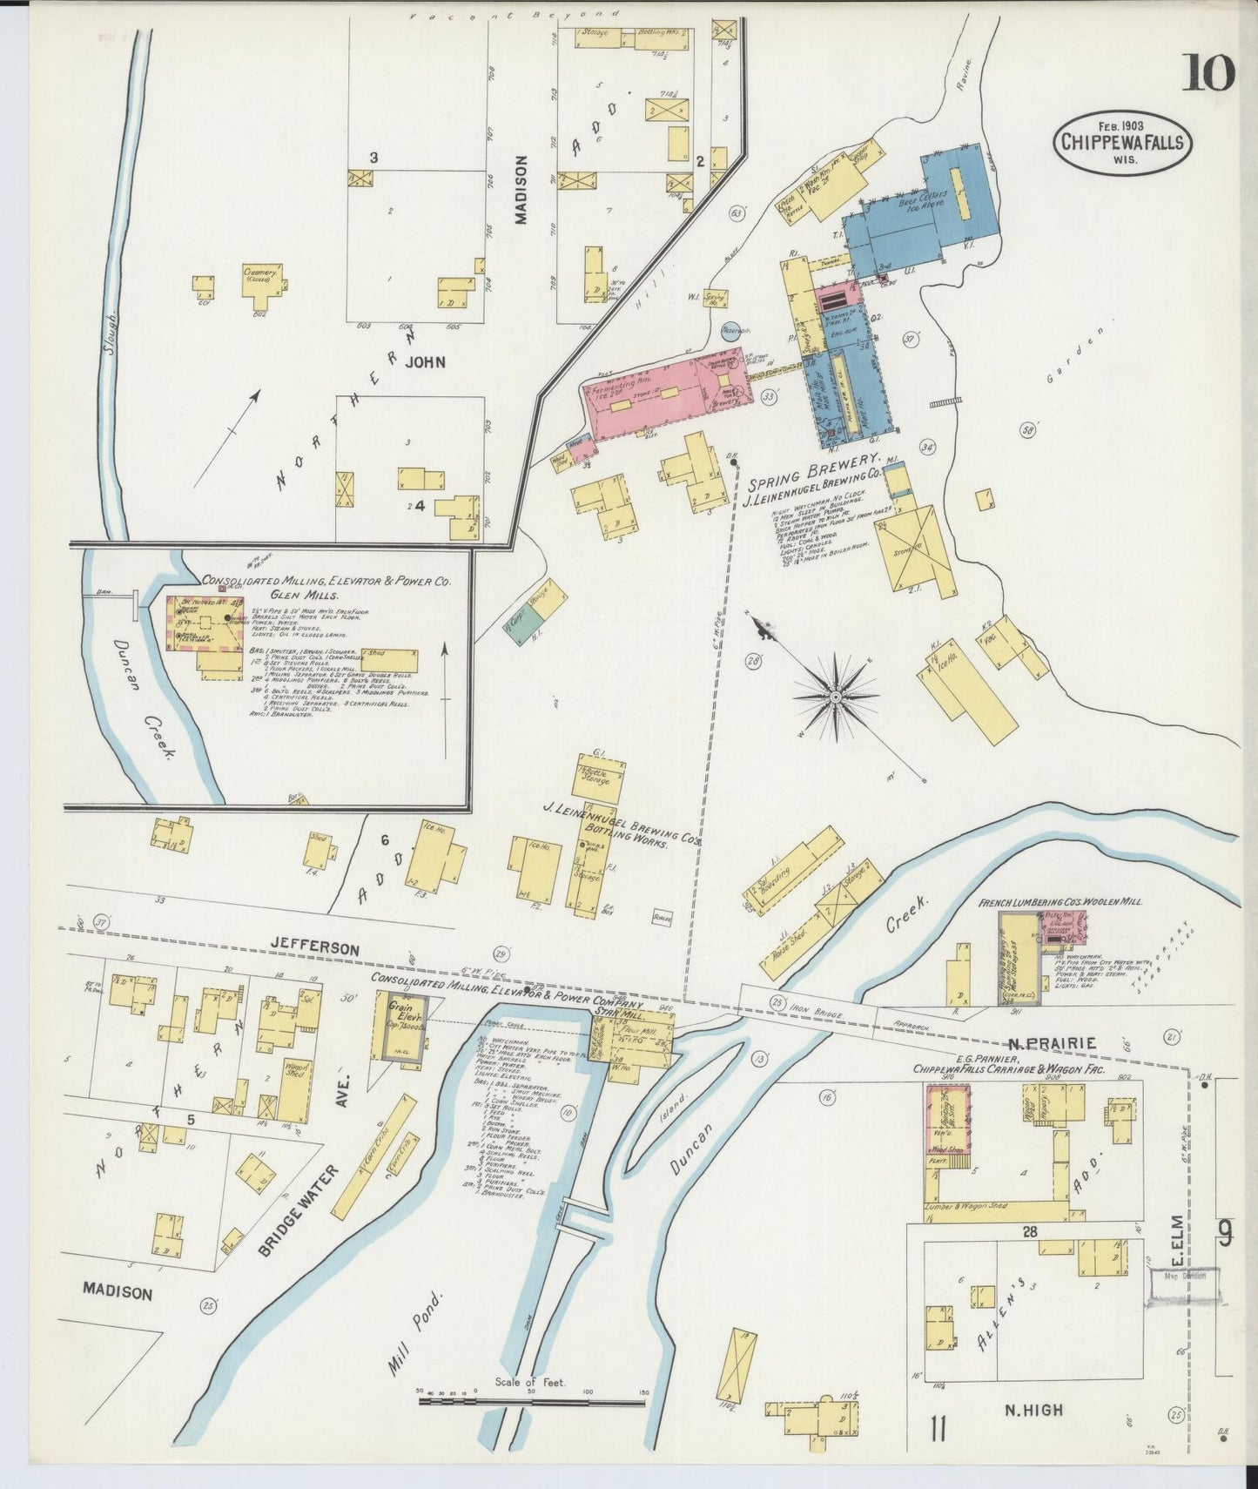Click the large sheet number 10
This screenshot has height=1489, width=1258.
1208,73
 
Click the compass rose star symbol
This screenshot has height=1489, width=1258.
835,697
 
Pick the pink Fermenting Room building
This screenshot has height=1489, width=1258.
662,396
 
